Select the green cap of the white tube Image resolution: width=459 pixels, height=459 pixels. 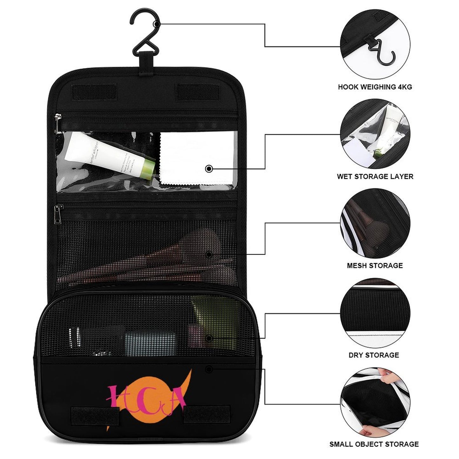(148, 170)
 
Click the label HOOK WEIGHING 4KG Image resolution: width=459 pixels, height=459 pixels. (375, 87)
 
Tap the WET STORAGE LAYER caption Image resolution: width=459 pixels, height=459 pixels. (375, 177)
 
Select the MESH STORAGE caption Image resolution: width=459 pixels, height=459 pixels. (375, 266)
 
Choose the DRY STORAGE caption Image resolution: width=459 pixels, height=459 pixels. (374, 355)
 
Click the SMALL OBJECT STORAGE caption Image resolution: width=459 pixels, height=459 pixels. (374, 444)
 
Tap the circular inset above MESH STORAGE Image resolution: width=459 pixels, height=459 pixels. (375, 224)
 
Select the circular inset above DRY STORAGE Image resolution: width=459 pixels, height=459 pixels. (375, 313)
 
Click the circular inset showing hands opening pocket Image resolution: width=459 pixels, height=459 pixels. (375, 402)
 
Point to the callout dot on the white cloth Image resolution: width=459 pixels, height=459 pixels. (209, 169)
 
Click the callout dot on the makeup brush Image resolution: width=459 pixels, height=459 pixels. (209, 254)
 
